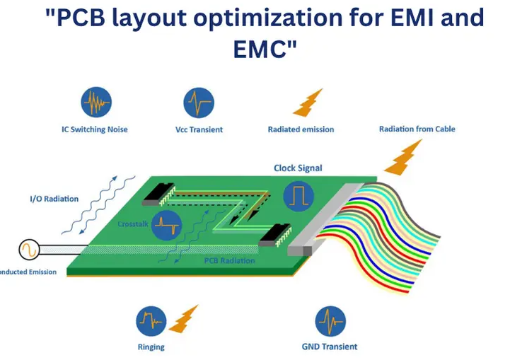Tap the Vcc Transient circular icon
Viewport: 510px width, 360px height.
click(198, 103)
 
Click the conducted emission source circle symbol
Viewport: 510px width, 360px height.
click(30, 250)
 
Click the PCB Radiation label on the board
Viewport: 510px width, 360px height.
click(227, 262)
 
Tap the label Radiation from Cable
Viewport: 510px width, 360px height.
click(417, 129)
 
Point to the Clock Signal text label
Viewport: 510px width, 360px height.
click(298, 168)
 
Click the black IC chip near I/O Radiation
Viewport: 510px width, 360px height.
click(158, 193)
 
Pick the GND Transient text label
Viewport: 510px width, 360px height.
click(329, 347)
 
